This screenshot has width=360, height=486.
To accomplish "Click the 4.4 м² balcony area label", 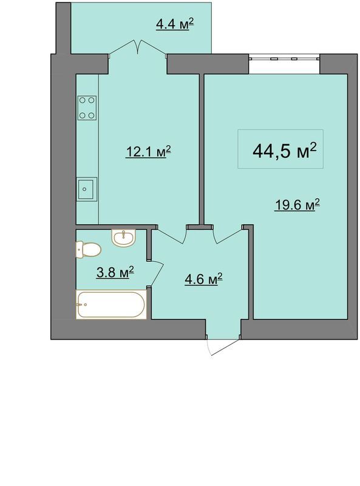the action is coord(175,24).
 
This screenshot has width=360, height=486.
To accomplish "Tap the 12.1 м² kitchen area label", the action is coord(148,151).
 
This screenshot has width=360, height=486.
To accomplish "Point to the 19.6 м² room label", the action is coord(297,205).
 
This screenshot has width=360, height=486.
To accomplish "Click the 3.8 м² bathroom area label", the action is coord(115,272).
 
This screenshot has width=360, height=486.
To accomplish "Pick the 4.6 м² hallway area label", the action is coord(203,279).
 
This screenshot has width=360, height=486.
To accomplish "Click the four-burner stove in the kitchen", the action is coord(87,108).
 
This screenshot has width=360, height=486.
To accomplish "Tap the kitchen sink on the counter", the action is coord(87,189).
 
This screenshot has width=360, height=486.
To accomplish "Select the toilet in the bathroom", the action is coord(88,250).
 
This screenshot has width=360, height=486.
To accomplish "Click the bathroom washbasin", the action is coord(124,238).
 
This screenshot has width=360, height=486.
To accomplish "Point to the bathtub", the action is coord(111,305).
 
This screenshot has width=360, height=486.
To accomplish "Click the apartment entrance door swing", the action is coord(223,346).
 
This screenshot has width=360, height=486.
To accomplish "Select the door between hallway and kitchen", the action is coord(171,234).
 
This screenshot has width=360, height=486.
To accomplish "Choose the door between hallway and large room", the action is coord(228,235).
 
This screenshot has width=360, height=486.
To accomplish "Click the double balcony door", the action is coord(138,47).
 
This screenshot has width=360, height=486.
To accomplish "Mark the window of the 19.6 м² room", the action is coord(284,58).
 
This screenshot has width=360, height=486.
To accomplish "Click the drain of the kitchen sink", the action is coord(84,189).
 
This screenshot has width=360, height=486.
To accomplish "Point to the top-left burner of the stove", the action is coord(83,100).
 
